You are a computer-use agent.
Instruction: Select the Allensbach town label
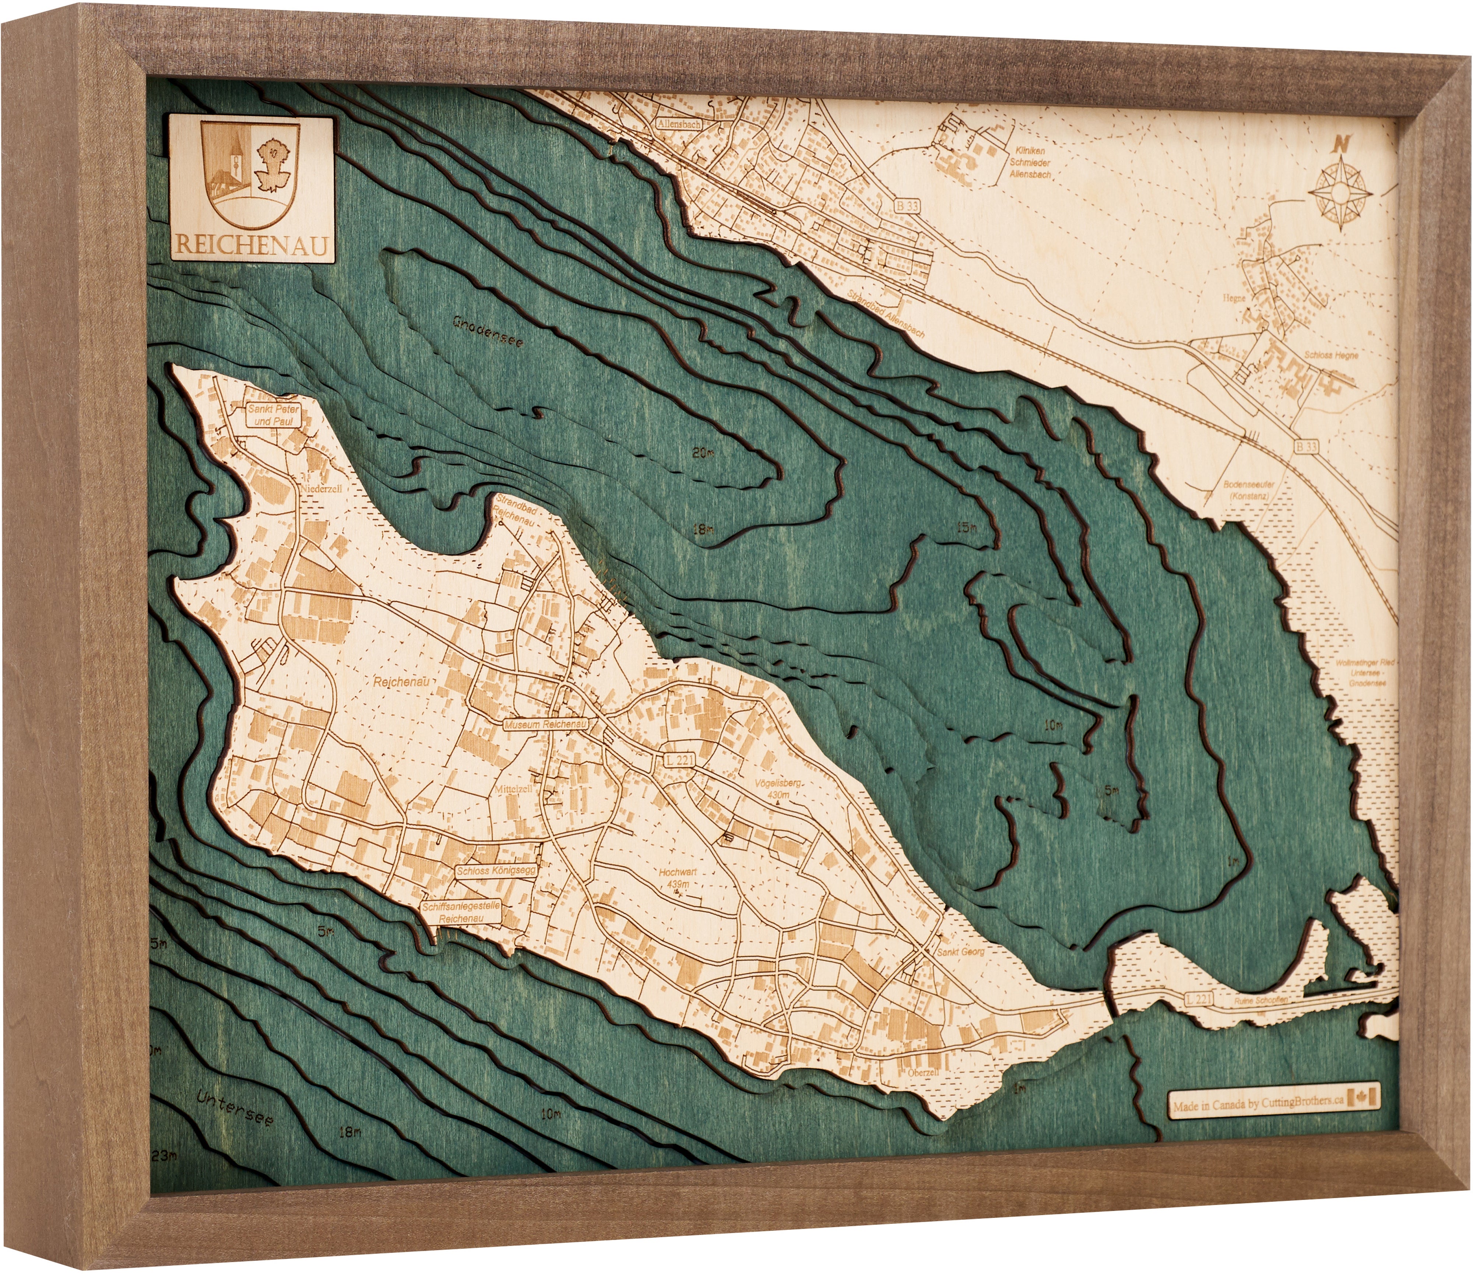pyautogui.click(x=679, y=124)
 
